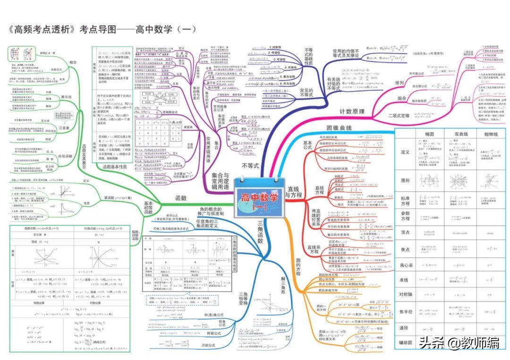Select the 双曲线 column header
(460, 134)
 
